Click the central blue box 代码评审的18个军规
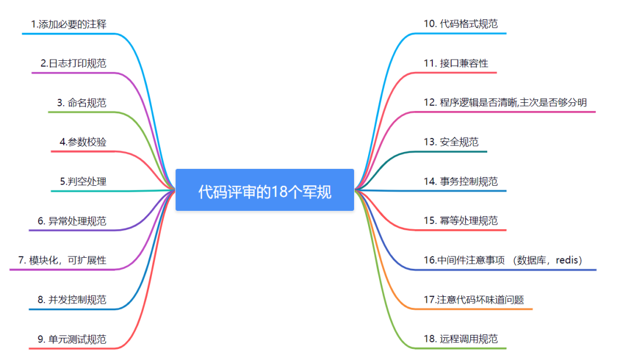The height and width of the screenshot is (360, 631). coord(265,190)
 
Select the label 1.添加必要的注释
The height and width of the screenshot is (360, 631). coord(69,24)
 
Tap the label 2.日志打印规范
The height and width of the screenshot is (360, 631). coord(74,63)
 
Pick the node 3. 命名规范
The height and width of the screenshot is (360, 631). coord(82,102)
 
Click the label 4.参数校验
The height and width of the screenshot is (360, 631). coord(83,141)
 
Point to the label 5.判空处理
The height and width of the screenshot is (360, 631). coord(83,181)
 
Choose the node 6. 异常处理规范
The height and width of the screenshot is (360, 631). coord(72,221)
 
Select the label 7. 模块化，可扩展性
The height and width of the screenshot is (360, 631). coord(62,260)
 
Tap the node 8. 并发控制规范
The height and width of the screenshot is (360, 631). coord(72,299)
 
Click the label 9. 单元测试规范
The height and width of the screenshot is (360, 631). coord(72,339)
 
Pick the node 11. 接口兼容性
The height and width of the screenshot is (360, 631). coord(456,63)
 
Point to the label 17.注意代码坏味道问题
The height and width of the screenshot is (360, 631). coord(474,299)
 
